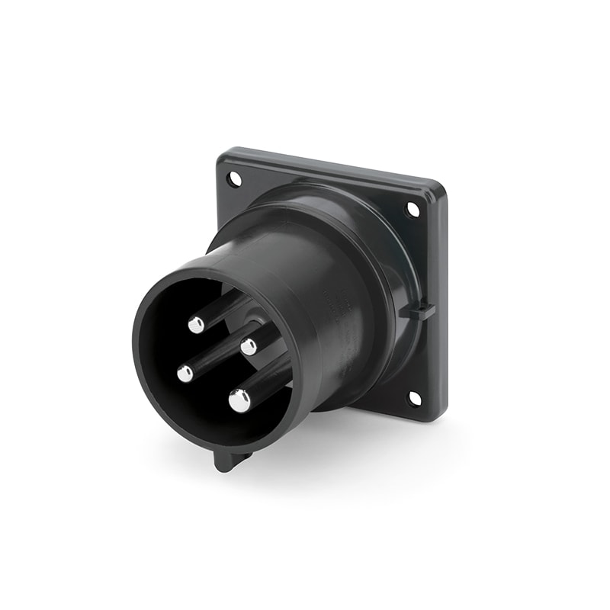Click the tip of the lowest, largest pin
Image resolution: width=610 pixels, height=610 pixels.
[239, 400]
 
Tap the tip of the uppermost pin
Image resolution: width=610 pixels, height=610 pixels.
[197, 325]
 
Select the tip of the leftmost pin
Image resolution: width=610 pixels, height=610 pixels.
[185, 374]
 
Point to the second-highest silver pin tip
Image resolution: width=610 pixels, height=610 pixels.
[249, 347]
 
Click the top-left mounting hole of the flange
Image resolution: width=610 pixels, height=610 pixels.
[233, 179]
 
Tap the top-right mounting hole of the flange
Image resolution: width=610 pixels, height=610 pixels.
[413, 209]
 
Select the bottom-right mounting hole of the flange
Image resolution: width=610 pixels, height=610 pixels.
[414, 397]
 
